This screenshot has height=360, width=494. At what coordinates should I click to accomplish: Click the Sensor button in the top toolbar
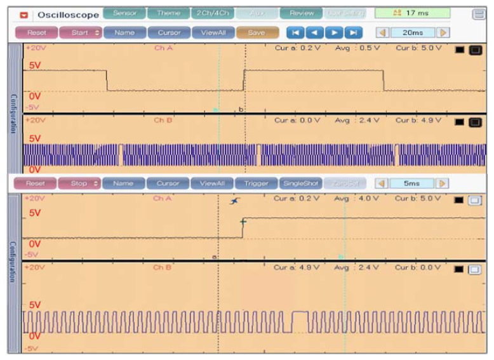pyautogui.click(x=124, y=13)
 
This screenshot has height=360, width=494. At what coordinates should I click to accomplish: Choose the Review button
pyautogui.click(x=301, y=13)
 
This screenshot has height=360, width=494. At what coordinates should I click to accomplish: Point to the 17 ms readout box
pyautogui.click(x=412, y=13)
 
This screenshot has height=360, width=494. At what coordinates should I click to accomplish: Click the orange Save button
pyautogui.click(x=257, y=32)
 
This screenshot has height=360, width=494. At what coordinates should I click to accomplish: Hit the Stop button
pyautogui.click(x=80, y=183)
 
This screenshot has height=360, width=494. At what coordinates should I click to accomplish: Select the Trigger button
pyautogui.click(x=256, y=183)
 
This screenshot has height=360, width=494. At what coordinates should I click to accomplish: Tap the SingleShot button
pyautogui.click(x=300, y=183)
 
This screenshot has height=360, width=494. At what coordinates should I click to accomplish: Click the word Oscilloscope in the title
pyautogui.click(x=68, y=14)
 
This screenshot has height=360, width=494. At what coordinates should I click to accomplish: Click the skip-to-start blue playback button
pyautogui.click(x=295, y=32)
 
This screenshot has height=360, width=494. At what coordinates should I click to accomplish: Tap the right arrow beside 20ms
pyautogui.click(x=443, y=32)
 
